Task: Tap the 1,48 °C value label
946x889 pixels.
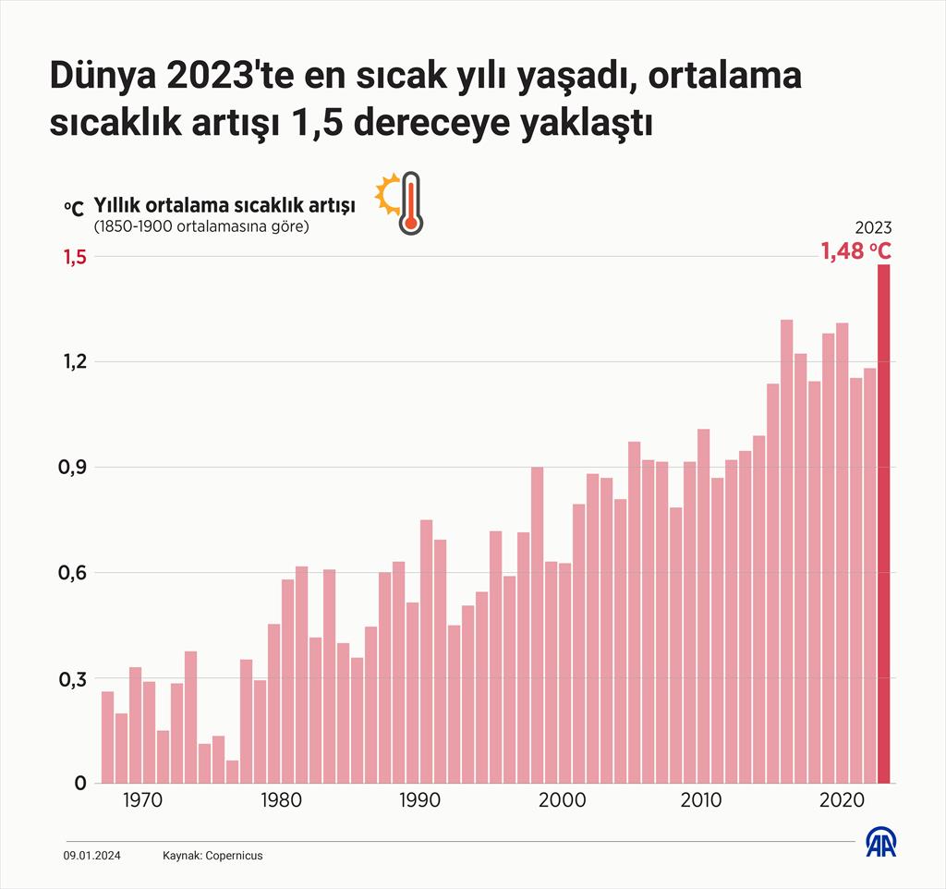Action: pyautogui.click(x=856, y=250)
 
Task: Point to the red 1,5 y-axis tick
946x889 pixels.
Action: pyautogui.click(x=75, y=257)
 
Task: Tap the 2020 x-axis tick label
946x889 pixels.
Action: pyautogui.click(x=842, y=799)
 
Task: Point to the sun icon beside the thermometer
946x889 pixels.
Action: pyautogui.click(x=386, y=191)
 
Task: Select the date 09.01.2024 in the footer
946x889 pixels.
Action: pyautogui.click(x=89, y=856)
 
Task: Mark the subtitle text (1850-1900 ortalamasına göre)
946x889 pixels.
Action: pyautogui.click(x=200, y=226)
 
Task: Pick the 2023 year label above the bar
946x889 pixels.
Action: pyautogui.click(x=872, y=228)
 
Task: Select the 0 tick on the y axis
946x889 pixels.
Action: pyautogui.click(x=79, y=784)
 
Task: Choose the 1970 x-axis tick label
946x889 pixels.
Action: pyautogui.click(x=142, y=799)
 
